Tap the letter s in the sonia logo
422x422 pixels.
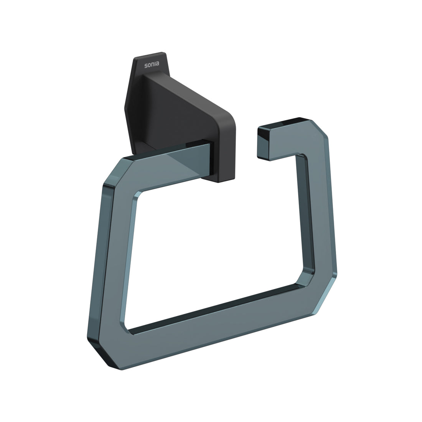(x=146, y=65)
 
